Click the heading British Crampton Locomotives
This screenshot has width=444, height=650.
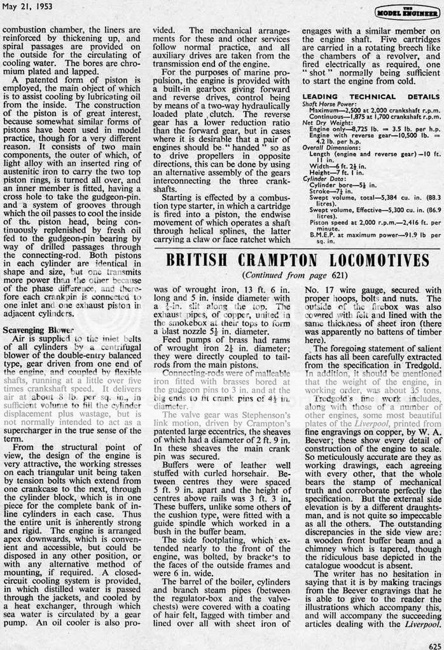298,261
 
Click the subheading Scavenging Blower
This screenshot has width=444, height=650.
38,330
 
